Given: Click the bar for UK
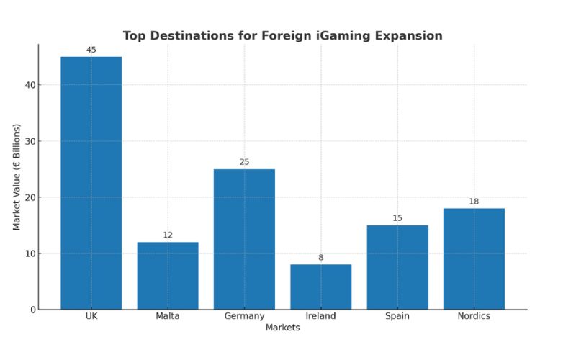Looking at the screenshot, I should (x=91, y=183).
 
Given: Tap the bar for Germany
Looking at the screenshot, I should (x=244, y=239).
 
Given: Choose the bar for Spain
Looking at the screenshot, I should (x=397, y=267).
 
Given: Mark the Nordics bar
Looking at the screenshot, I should (x=474, y=258).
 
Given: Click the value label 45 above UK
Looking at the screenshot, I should (x=91, y=50).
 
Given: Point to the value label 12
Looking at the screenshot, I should (x=168, y=235).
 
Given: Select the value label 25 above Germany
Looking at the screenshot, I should (x=244, y=162).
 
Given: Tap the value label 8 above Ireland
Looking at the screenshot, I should (x=320, y=257).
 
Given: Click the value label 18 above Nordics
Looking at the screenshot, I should (x=474, y=202).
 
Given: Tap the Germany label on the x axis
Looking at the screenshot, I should (x=244, y=316).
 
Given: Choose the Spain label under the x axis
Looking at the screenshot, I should (x=397, y=316).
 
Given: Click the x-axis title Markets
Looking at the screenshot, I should (x=282, y=328).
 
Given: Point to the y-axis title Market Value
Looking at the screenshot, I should (x=17, y=177).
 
